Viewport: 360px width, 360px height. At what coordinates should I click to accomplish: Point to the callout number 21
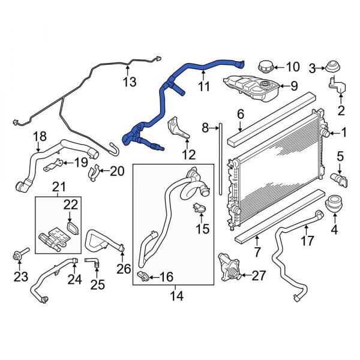pos(59,187)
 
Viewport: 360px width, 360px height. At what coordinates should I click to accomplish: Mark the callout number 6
pos(239,114)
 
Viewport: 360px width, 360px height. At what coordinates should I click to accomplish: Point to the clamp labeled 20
pos(95,173)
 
